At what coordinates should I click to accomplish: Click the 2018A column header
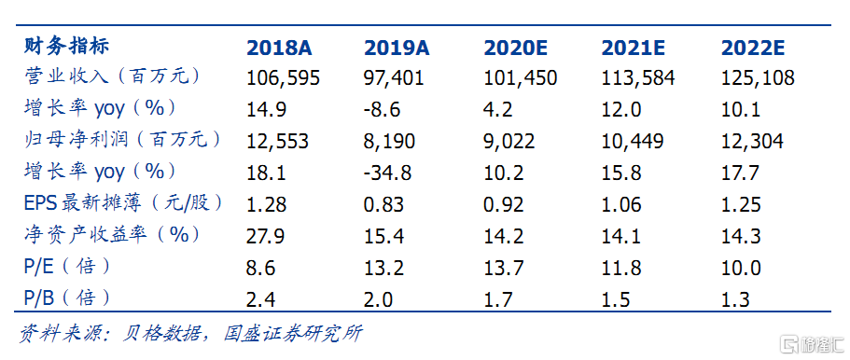pyautogui.click(x=278, y=48)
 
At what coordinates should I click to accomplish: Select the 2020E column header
pyautogui.click(x=516, y=48)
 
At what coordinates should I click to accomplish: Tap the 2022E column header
pyautogui.click(x=753, y=48)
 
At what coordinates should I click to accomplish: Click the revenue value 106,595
pyautogui.click(x=283, y=78)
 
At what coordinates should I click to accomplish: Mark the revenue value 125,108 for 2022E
pyautogui.click(x=758, y=78)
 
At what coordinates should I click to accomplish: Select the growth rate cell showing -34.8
pyautogui.click(x=388, y=173)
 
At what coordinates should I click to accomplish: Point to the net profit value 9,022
pyautogui.click(x=509, y=142)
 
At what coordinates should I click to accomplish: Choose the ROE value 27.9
pyautogui.click(x=266, y=236)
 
